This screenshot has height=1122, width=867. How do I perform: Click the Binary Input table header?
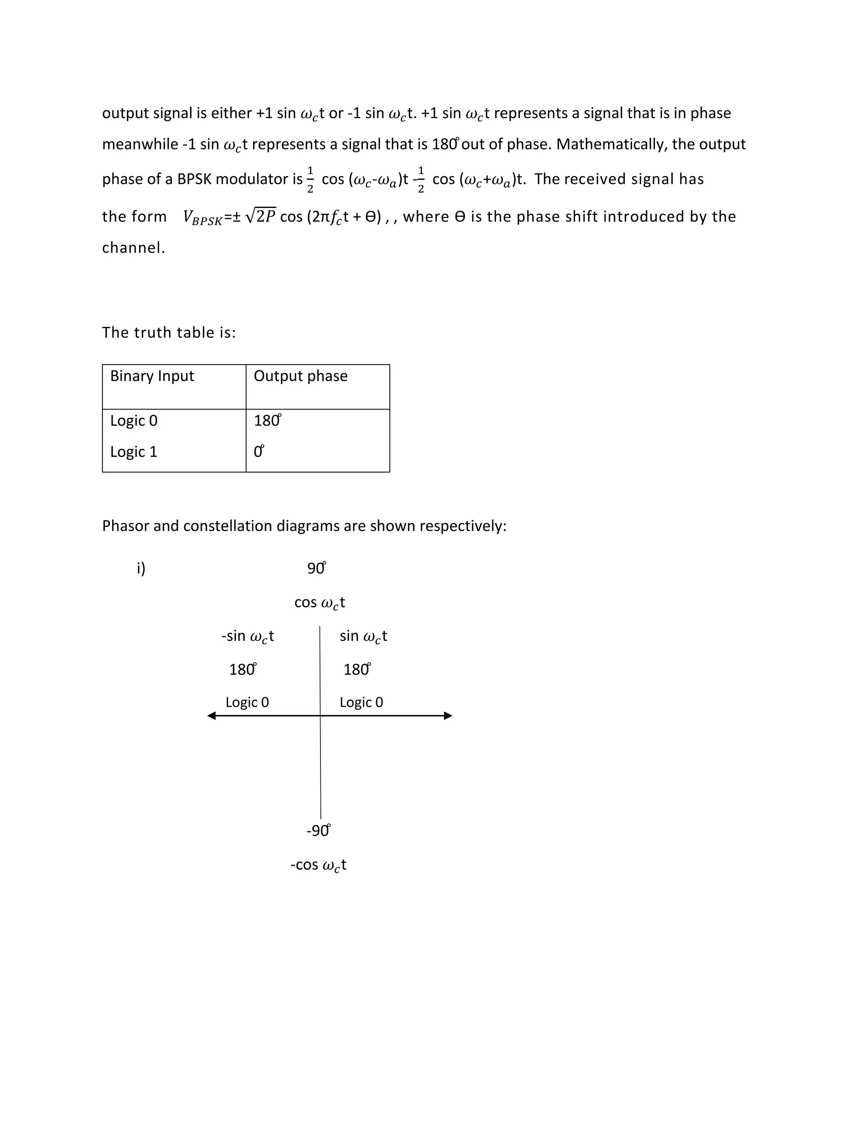click(x=152, y=376)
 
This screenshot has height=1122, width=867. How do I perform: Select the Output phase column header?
click(x=301, y=376)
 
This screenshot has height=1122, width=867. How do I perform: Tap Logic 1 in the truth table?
click(x=133, y=452)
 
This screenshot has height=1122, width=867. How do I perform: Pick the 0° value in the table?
click(x=259, y=452)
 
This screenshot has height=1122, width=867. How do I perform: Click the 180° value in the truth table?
click(x=267, y=421)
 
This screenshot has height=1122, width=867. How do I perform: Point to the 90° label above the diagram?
click(x=316, y=568)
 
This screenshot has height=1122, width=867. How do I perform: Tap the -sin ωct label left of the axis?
click(x=248, y=636)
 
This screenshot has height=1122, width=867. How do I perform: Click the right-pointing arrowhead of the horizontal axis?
click(x=448, y=716)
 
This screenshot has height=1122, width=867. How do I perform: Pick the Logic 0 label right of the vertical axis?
click(x=361, y=702)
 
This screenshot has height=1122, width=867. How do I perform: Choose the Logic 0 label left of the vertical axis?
click(x=247, y=702)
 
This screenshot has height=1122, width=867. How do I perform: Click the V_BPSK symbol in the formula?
click(x=202, y=217)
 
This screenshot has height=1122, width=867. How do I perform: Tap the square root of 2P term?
click(x=261, y=216)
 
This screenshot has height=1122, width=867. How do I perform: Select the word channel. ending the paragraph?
click(x=133, y=248)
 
